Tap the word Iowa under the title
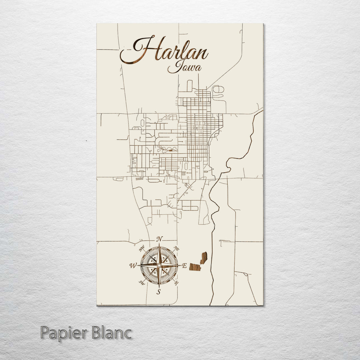click(x=184, y=67)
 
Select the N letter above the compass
click(x=160, y=239)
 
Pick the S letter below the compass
click(x=159, y=292)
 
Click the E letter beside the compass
click(x=184, y=266)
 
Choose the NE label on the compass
click(x=177, y=249)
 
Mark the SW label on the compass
click(x=141, y=283)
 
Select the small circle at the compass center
click(x=159, y=265)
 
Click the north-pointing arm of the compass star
click(x=159, y=253)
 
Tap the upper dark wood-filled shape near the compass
click(x=204, y=258)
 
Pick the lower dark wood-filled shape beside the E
click(x=195, y=267)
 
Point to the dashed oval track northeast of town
click(x=218, y=89)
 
